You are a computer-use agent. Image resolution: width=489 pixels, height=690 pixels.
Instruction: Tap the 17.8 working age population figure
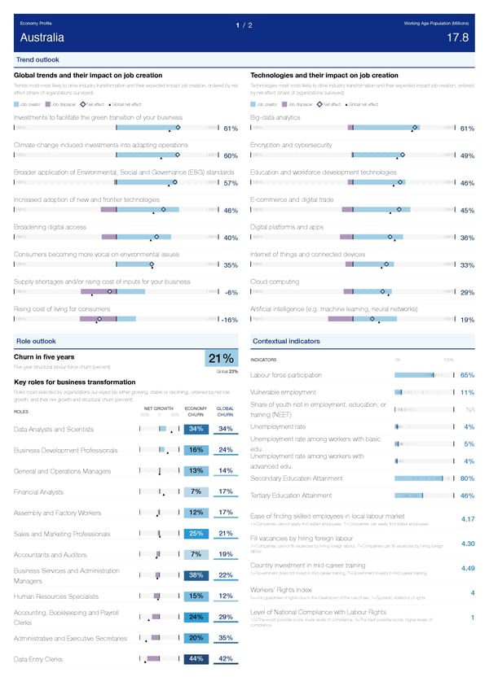coord(458,37)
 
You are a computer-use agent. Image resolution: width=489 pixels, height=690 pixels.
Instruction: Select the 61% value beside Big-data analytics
coord(467,129)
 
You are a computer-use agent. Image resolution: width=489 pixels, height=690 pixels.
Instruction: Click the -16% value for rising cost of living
coord(227,320)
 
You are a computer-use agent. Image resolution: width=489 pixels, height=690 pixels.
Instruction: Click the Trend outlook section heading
coord(37,60)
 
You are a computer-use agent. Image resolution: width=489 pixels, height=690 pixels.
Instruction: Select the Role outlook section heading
coord(36,340)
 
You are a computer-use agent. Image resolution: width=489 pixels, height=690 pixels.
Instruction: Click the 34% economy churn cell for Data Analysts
coord(196,429)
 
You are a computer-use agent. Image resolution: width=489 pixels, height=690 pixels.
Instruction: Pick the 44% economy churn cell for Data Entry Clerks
coord(196,658)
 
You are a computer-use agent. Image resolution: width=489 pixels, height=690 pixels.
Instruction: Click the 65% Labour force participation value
coord(468,375)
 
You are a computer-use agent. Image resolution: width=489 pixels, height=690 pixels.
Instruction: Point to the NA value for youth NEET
coord(470,410)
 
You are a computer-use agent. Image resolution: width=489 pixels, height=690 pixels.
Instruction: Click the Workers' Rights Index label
coord(281,590)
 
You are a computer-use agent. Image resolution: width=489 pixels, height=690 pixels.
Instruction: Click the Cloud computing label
coord(274,282)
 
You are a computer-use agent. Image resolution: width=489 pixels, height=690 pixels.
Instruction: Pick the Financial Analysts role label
coord(39,491)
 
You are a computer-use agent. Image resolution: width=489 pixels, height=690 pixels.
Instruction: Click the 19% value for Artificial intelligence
coord(467,320)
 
